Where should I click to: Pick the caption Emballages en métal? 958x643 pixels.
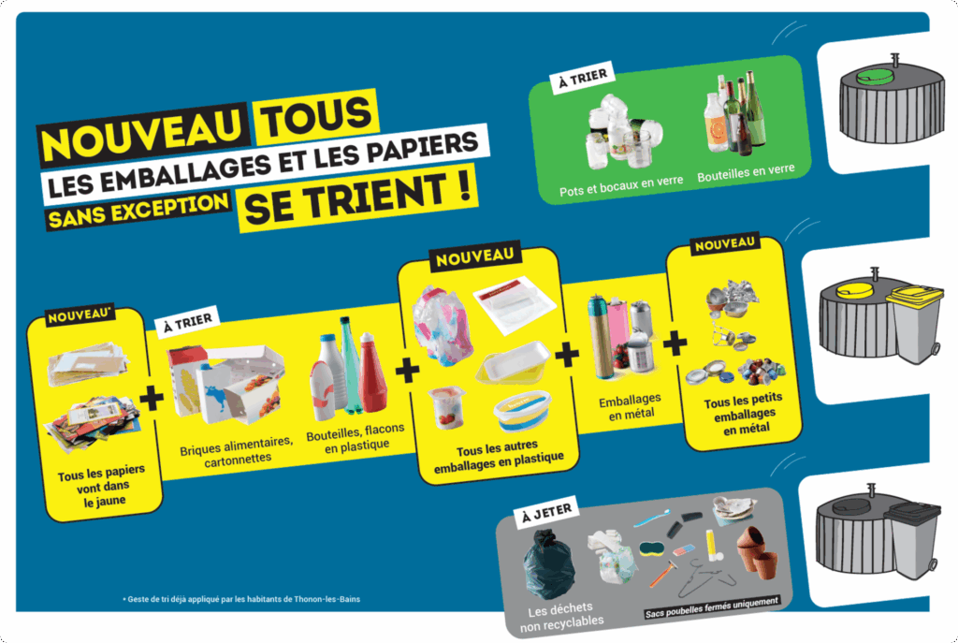[628, 404]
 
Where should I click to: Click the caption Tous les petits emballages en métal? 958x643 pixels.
[733, 416]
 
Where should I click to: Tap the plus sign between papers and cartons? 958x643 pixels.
[152, 398]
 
